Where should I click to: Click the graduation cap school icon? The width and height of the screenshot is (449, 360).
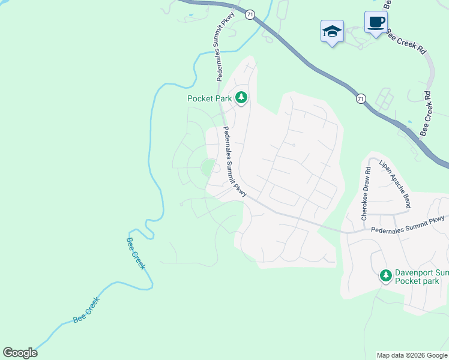[332, 31]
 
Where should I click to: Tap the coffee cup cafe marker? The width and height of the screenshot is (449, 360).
[376, 23]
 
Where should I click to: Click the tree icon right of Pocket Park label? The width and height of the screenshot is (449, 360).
[241, 97]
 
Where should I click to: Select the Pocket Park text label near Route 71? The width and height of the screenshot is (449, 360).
[209, 98]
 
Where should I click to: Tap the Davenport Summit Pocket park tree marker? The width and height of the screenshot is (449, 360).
[385, 276]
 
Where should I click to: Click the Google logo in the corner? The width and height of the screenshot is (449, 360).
[20, 352]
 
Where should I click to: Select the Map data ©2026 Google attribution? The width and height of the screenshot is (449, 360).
[412, 355]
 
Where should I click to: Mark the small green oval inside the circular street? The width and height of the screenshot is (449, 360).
[207, 167]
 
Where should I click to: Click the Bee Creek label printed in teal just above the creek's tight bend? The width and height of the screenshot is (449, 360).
[136, 253]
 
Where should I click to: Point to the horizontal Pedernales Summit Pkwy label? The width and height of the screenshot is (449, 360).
[408, 223]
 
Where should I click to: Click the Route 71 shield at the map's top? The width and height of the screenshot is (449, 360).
[250, 13]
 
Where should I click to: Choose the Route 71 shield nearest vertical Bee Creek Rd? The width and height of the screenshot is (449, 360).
[360, 98]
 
